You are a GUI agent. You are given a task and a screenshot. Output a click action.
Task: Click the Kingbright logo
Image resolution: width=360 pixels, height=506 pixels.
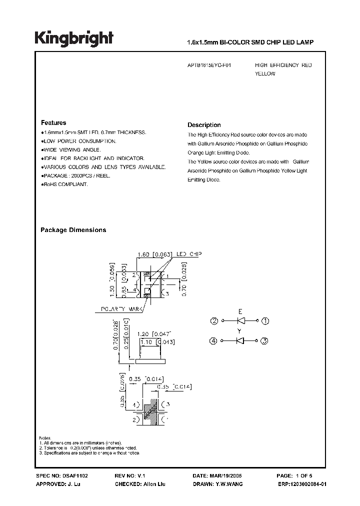pyautogui.click(x=73, y=38)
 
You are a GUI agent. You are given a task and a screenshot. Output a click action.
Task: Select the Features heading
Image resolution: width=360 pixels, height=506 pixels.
pyautogui.click(x=53, y=123)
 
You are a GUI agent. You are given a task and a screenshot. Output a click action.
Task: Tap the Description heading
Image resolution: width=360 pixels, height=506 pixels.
pyautogui.click(x=204, y=125)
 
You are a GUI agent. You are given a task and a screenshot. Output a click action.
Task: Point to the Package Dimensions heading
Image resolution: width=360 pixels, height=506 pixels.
pyautogui.click(x=73, y=230)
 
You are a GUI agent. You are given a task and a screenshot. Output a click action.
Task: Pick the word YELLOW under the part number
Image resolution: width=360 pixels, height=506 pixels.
pyautogui.click(x=265, y=74)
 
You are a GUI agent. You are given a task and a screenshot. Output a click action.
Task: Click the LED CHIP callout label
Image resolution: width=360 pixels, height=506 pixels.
pyautogui.click(x=188, y=254)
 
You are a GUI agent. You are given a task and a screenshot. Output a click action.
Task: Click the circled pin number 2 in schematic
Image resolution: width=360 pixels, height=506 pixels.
pyautogui.click(x=213, y=320)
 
